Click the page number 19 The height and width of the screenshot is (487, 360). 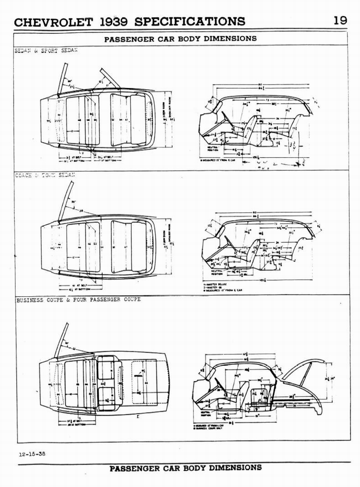click(x=340, y=20)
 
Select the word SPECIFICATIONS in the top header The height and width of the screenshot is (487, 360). click(x=190, y=22)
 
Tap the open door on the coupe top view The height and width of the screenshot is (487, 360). click(x=61, y=340)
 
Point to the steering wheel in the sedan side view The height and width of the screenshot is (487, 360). click(x=227, y=119)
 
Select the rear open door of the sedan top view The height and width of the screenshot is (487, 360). click(x=109, y=78)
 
